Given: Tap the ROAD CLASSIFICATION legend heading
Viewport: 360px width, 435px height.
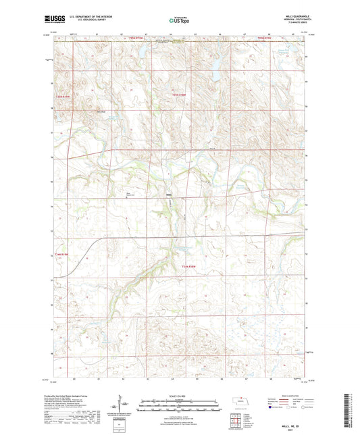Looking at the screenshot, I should point(284,396).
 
